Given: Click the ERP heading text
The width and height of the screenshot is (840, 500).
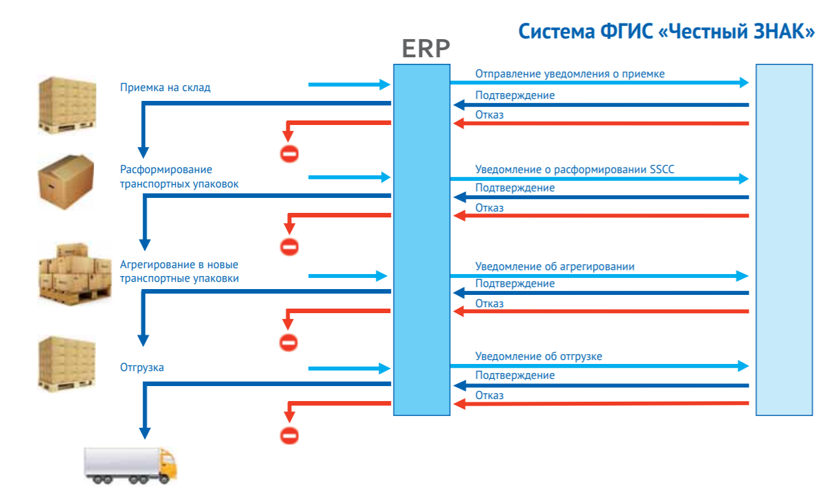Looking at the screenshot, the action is click(426, 49).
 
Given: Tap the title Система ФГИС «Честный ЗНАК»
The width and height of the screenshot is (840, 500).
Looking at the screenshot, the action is click(667, 31).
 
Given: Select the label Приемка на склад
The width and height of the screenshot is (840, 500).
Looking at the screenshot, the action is click(165, 88).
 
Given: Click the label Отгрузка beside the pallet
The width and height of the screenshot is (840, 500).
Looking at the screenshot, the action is click(142, 367).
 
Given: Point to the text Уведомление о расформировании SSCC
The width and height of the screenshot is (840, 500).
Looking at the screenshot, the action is click(575, 170).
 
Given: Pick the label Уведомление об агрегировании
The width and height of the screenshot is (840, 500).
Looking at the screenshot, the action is click(555, 267).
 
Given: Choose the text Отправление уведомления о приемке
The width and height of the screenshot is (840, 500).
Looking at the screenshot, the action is click(570, 74).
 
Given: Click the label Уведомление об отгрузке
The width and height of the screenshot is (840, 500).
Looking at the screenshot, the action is click(538, 356).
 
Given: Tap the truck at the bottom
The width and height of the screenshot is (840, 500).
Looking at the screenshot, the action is click(130, 465).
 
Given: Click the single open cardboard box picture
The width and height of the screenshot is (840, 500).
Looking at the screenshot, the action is click(66, 182).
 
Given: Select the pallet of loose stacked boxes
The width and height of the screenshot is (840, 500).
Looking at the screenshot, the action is click(75, 273).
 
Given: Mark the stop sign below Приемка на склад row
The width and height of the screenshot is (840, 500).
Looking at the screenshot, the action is click(289, 154).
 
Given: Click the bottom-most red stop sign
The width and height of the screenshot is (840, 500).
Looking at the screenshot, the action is click(289, 436).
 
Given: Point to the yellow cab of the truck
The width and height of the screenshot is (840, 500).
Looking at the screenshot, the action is click(167, 464).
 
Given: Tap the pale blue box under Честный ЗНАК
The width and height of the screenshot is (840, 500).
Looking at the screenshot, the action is click(784, 240).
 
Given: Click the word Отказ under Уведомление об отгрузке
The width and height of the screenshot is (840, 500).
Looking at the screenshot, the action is click(489, 395).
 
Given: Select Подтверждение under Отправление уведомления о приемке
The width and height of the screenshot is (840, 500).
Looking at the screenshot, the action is click(515, 96).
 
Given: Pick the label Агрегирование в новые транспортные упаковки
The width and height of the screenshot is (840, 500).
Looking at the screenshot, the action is click(179, 271).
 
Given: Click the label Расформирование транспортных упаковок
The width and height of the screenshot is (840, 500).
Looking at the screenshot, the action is click(179, 177).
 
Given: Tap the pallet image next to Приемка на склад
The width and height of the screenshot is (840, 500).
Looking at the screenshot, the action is click(67, 105).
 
